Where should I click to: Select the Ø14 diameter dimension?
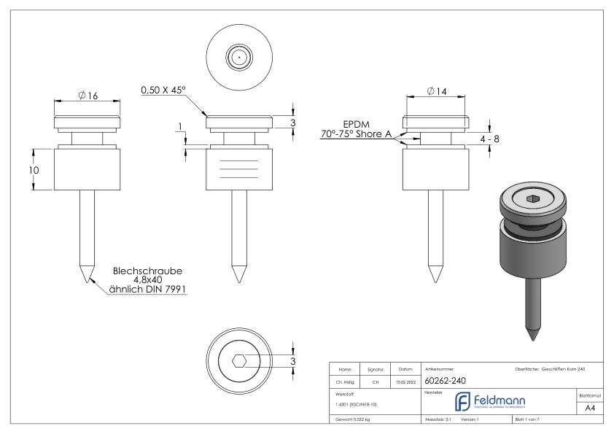(437, 91)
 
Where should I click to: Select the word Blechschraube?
(147, 271)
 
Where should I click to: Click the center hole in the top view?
(239, 56)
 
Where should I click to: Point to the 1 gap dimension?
(180, 128)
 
